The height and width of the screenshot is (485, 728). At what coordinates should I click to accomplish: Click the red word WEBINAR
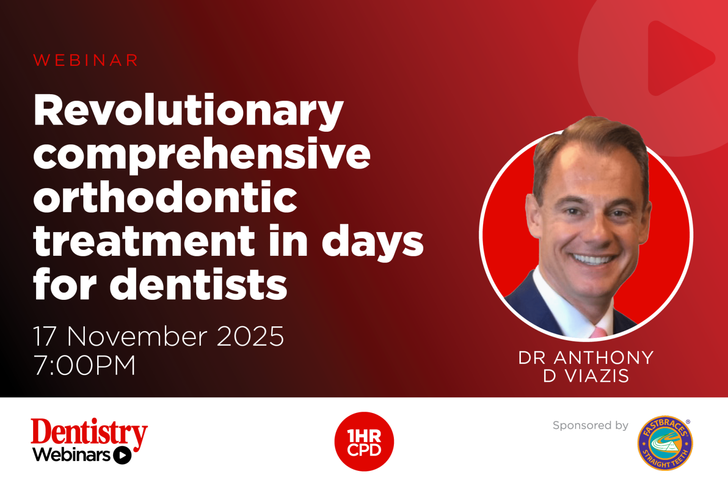(85, 61)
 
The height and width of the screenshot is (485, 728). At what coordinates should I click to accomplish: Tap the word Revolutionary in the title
(188, 111)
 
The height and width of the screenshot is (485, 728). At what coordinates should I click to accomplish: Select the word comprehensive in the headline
(201, 154)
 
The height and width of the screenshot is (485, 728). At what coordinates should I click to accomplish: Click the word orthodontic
(165, 198)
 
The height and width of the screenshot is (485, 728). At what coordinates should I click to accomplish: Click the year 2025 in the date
(250, 337)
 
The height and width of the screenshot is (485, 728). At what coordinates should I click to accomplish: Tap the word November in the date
(137, 337)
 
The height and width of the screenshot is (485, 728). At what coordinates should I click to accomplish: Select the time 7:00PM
(84, 366)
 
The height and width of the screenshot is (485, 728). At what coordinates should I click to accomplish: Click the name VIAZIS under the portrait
(597, 376)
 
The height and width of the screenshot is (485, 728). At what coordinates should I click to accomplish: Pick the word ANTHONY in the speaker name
(603, 358)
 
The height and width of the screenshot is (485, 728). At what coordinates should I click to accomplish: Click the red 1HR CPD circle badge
(364, 441)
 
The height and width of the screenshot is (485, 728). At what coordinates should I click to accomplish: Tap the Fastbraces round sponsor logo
(665, 443)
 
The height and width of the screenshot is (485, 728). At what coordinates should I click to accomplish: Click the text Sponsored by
(590, 425)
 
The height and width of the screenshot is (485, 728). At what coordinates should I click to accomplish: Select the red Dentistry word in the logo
(89, 432)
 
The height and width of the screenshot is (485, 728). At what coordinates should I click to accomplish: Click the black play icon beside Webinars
(122, 455)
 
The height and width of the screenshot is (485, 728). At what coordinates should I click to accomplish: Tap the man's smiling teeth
(593, 260)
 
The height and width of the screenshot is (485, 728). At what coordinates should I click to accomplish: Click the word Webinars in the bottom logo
(71, 455)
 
